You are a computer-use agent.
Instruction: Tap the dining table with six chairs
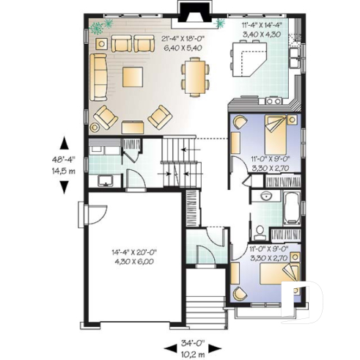[194, 77]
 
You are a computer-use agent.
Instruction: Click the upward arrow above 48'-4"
[65, 142]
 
